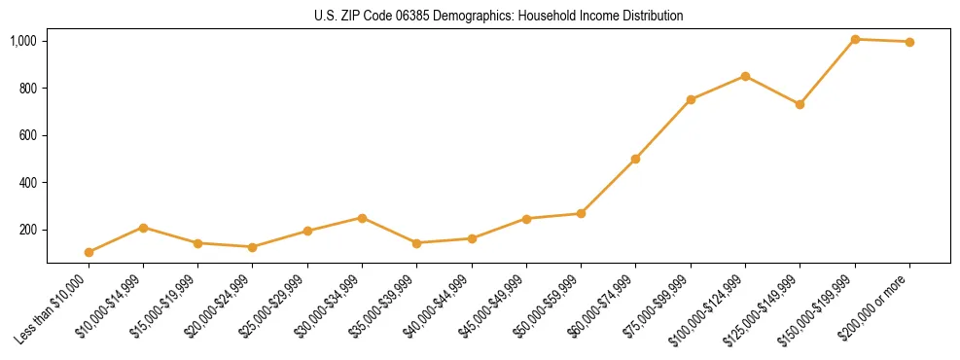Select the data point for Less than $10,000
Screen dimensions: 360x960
(89, 252)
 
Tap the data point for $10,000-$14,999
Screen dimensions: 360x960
(144, 228)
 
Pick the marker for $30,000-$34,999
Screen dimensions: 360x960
(362, 218)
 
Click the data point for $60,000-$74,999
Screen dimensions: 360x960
(635, 159)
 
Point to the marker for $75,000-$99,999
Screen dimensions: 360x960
(691, 99)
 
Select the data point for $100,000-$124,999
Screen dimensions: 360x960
(745, 76)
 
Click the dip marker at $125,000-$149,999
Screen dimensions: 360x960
(800, 104)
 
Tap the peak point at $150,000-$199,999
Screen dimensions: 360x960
(855, 39)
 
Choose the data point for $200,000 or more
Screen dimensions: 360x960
(909, 42)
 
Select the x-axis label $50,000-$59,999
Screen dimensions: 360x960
(549, 307)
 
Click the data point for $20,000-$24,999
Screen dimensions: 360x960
(253, 247)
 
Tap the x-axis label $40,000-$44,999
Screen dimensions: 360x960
(439, 307)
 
